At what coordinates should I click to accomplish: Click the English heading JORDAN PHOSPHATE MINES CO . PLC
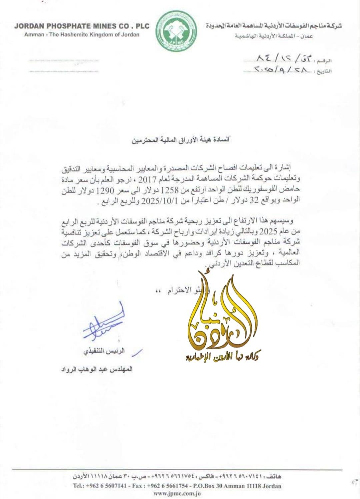pyautogui.click(x=82, y=26)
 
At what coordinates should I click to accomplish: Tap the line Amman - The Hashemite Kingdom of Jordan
pyautogui.click(x=82, y=34)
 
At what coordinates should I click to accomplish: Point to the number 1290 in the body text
pyautogui.click(x=105, y=190)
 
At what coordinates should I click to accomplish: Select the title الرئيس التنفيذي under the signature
pyautogui.click(x=104, y=351)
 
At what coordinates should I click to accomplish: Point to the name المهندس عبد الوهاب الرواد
pyautogui.click(x=97, y=369)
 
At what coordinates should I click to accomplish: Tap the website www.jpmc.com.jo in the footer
pyautogui.click(x=177, y=493)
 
